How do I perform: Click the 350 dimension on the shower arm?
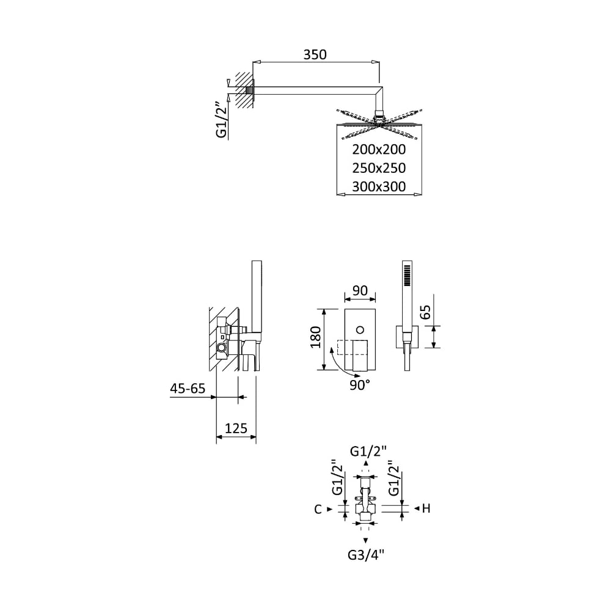pyautogui.click(x=315, y=55)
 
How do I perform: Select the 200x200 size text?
pyautogui.click(x=379, y=150)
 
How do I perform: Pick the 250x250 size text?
pyautogui.click(x=379, y=169)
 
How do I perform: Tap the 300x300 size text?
pyautogui.click(x=379, y=186)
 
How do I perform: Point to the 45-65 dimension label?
pyautogui.click(x=188, y=389)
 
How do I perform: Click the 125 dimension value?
pyautogui.click(x=236, y=428)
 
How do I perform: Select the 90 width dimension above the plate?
pyautogui.click(x=359, y=291)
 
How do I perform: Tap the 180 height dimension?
pyautogui.click(x=316, y=337)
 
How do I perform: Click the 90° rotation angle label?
pyautogui.click(x=359, y=386)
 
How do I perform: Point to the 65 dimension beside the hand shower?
pyautogui.click(x=426, y=312)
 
